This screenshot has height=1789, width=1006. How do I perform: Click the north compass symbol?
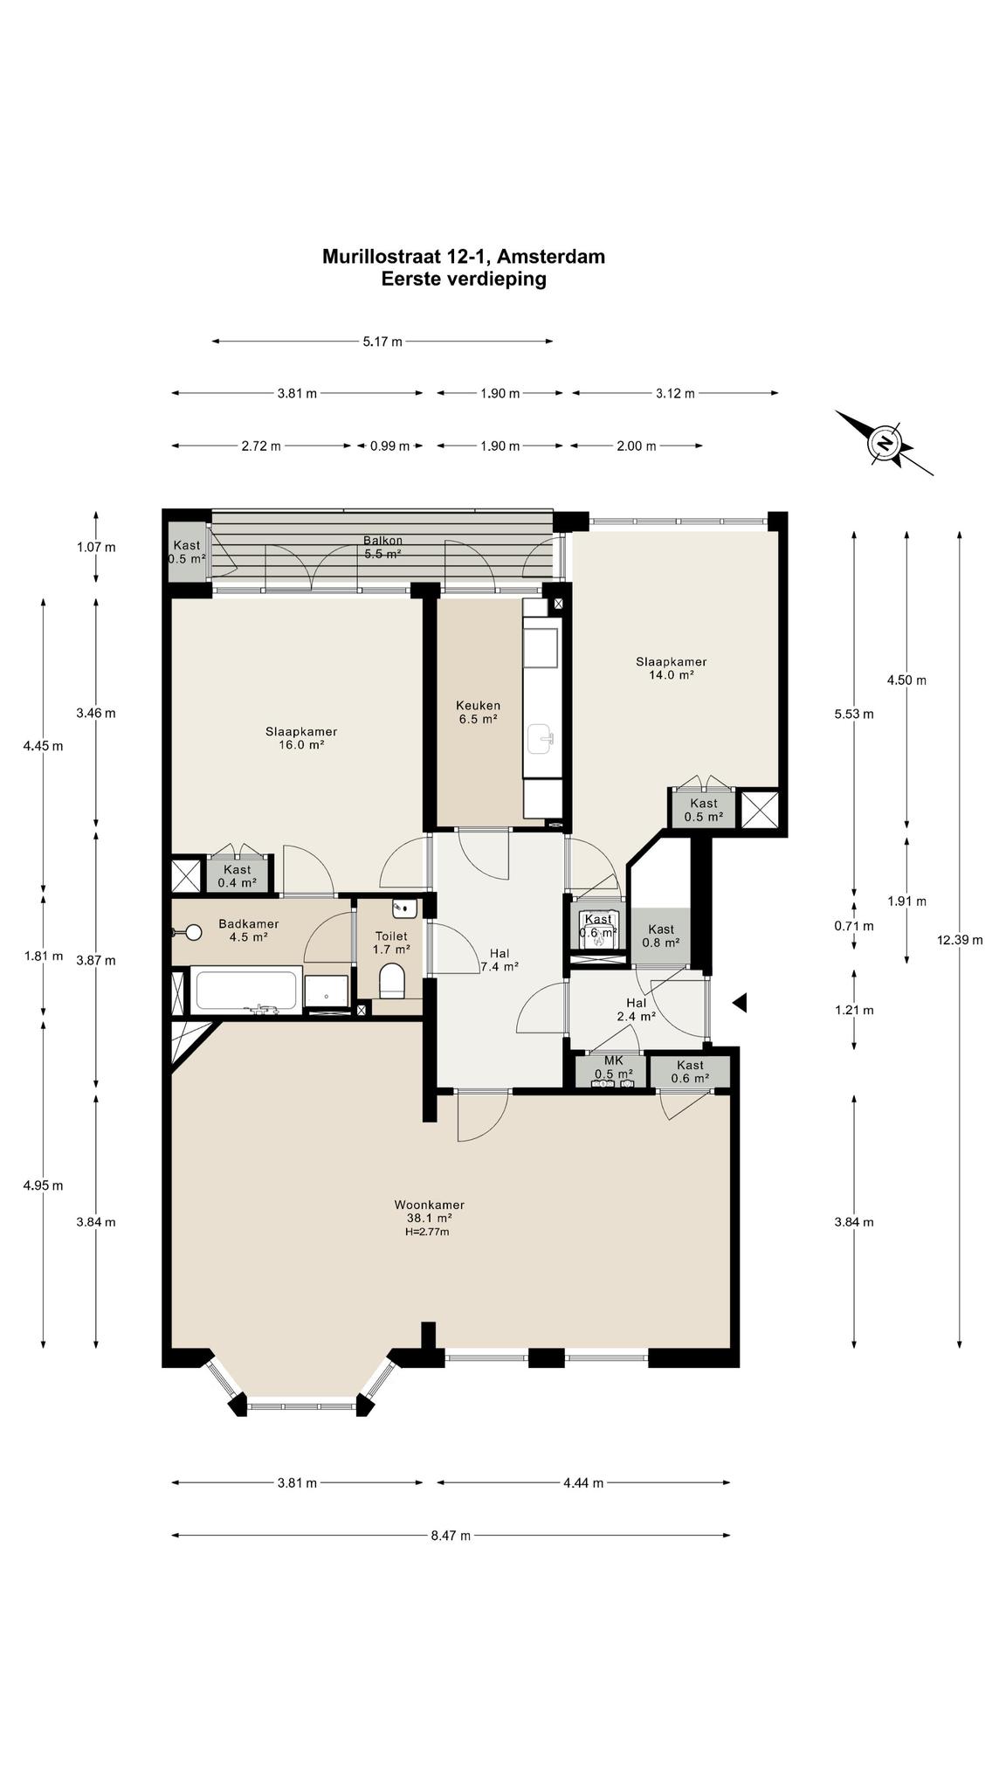[x=885, y=442]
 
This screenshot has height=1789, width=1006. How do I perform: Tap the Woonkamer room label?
[x=429, y=1205]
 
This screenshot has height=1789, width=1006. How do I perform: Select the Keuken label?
[x=478, y=705]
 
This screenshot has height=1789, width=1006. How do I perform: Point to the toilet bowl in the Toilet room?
[x=392, y=980]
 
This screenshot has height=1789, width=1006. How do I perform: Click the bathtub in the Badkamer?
[x=245, y=990]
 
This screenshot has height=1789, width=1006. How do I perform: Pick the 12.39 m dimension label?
[x=960, y=940]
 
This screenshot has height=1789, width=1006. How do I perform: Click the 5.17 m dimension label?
[x=382, y=342]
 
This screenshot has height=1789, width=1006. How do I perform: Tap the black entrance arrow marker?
[x=739, y=1003]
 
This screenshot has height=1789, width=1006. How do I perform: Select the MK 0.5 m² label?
[x=613, y=1067]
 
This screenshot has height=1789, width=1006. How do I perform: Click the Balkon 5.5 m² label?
[x=382, y=547]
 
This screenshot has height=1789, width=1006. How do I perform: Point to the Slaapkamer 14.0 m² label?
[x=671, y=668]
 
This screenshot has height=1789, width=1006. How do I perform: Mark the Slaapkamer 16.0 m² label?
[x=301, y=738]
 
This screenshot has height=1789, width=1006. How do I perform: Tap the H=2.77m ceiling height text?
[x=427, y=1232]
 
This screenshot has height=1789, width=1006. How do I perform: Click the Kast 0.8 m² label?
[x=661, y=936]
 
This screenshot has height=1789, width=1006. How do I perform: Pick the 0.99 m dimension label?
[x=389, y=446]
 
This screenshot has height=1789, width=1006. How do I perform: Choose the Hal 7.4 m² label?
[x=500, y=960]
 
